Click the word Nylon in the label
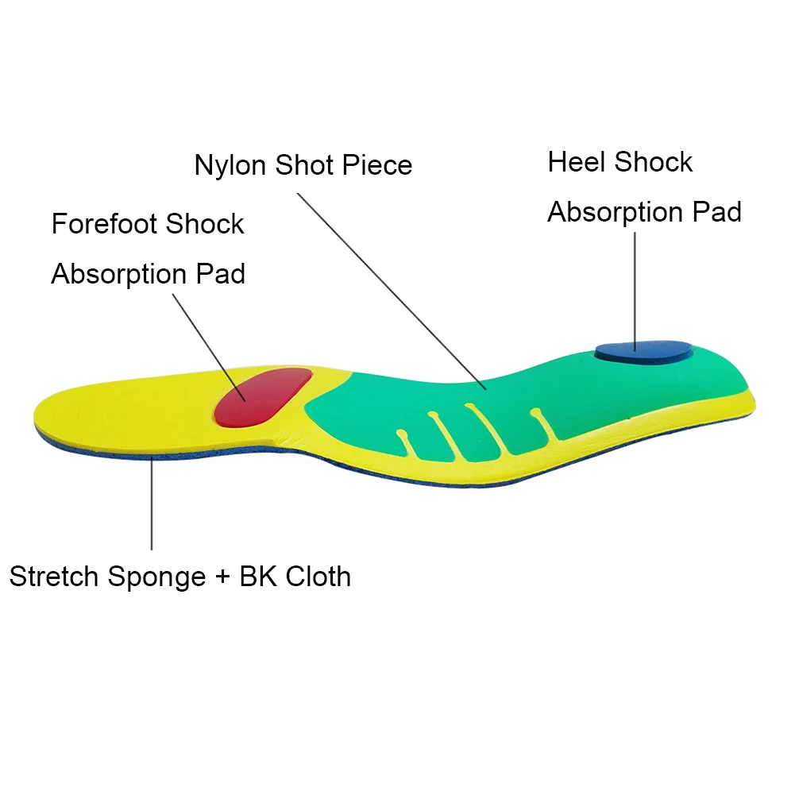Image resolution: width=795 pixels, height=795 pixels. [231, 165]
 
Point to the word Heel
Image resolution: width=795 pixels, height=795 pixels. [577, 163]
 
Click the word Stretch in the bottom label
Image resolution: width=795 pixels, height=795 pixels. [54, 577]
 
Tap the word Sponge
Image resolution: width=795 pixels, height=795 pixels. [156, 577]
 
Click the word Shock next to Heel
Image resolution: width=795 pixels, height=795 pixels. [653, 163]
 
